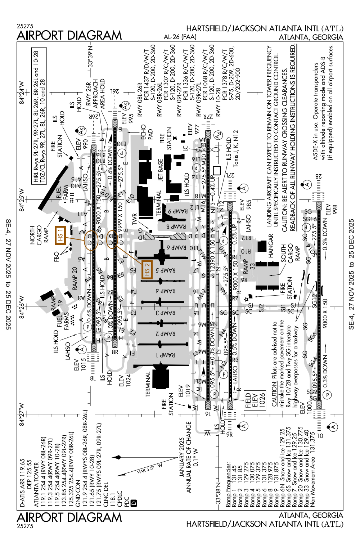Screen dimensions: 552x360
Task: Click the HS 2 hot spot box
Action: tap(147, 270)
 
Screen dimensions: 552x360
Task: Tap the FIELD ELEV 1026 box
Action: tap(255, 400)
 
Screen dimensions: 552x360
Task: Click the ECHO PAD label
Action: tap(147, 132)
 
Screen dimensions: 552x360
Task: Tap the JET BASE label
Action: tap(161, 170)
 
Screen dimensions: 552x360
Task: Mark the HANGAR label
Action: tap(271, 246)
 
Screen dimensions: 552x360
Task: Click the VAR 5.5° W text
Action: tap(150, 469)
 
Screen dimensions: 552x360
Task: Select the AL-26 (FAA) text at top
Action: tap(180, 37)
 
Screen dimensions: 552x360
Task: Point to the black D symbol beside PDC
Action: tap(134, 503)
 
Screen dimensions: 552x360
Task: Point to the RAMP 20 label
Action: tap(75, 278)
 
